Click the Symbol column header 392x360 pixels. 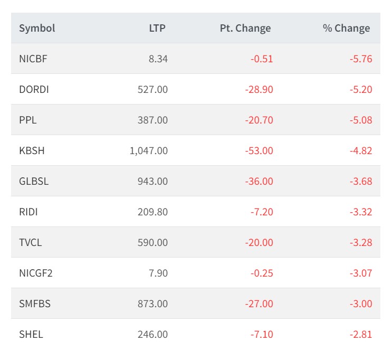[x=37, y=29]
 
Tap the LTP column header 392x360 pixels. [x=157, y=29]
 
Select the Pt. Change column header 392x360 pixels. [x=245, y=29]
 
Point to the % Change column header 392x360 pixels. [x=346, y=29]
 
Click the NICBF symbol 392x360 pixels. [x=33, y=59]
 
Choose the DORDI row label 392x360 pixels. [x=34, y=90]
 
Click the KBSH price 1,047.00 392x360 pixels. [x=148, y=151]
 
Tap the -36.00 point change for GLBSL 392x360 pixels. [x=259, y=182]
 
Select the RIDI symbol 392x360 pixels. [x=28, y=212]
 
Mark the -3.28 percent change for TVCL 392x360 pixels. [x=361, y=243]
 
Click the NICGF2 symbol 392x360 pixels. [x=36, y=273]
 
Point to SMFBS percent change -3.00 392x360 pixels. [x=361, y=304]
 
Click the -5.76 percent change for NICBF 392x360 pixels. [x=361, y=59]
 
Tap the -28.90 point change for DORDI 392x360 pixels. [x=259, y=90]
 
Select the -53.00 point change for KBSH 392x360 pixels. [x=259, y=151]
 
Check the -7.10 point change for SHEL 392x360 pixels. [x=262, y=335]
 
